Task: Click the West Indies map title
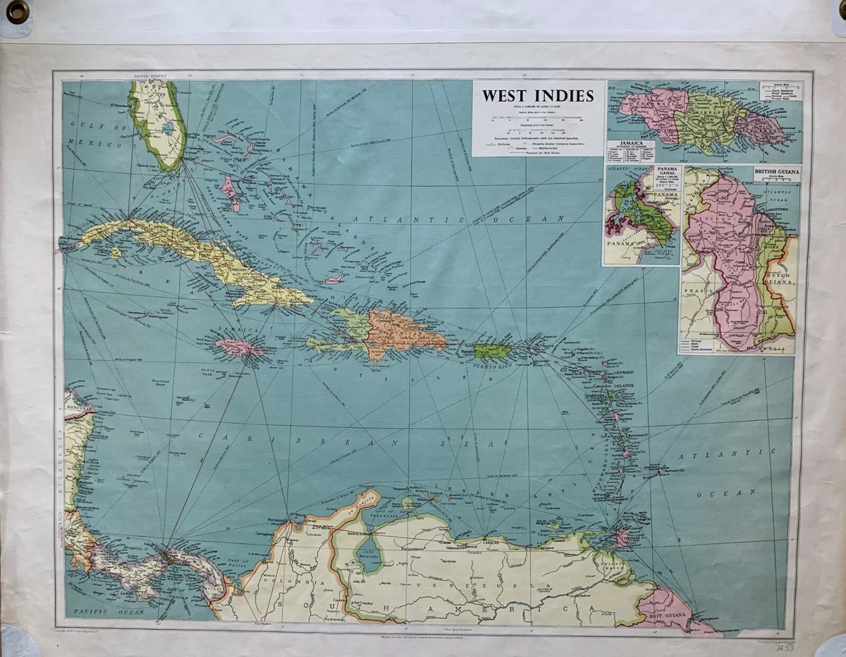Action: tap(538, 96)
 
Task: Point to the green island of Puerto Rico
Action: tap(492, 350)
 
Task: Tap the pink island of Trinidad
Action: tap(621, 539)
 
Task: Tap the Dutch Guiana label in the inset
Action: tap(782, 277)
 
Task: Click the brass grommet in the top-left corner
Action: tap(18, 11)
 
